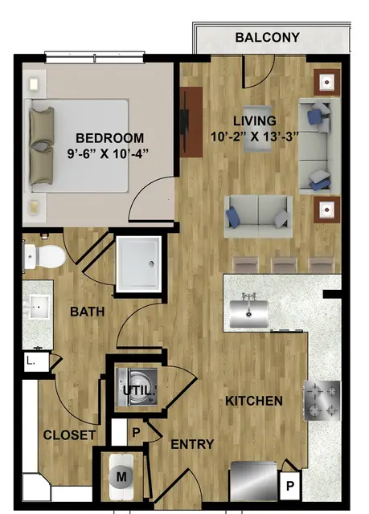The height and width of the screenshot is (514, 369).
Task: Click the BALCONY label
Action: point(268,38)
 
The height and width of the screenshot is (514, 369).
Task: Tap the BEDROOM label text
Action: point(110,137)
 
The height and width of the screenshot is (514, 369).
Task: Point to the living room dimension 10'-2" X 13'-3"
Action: point(255,136)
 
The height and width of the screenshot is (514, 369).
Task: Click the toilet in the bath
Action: point(45,256)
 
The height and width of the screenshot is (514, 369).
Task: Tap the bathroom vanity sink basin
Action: point(39,307)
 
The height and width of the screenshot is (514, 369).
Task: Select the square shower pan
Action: point(139,264)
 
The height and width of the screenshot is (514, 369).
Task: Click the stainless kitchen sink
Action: point(249,314)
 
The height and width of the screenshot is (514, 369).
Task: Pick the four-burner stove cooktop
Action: point(322,400)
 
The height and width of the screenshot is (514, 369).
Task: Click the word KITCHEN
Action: point(254,401)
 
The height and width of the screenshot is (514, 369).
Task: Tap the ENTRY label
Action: point(192,444)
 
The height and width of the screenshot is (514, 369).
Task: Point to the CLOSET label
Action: point(69,435)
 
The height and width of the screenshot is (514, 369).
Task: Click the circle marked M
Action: point(121,476)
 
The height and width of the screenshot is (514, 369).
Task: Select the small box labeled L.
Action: point(37,362)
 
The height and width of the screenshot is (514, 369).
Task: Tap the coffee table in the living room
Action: point(257,128)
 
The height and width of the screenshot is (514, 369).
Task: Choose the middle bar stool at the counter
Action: point(285,265)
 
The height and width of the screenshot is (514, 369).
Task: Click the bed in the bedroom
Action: point(79,145)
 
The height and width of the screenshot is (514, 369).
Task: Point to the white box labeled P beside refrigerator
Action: point(289,485)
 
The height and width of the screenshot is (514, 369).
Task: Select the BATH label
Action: point(88,312)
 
